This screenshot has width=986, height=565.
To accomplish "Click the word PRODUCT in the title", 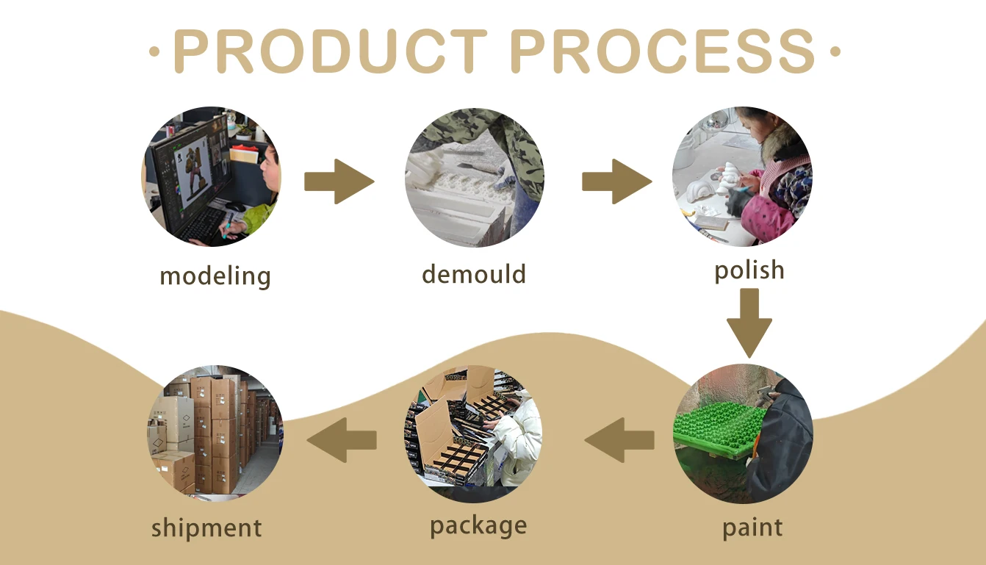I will click(330, 51).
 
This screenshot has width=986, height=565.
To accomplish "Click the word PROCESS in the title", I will click(663, 51).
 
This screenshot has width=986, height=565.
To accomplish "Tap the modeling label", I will click(215, 277).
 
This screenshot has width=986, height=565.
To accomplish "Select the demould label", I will click(474, 275).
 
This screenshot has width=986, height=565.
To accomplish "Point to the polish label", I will click(749, 270).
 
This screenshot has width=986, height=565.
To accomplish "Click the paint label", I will click(752, 528).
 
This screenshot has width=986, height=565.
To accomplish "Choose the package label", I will click(478, 525).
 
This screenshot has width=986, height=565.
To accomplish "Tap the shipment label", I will click(206, 528).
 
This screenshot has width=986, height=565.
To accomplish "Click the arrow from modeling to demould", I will click(339, 181).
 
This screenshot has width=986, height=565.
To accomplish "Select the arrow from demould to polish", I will click(616, 181).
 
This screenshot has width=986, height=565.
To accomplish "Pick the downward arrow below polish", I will click(749, 323).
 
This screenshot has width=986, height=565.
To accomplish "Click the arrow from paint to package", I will click(620, 440).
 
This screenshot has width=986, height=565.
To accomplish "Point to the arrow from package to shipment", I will click(342, 440).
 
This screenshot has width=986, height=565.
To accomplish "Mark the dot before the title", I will click(154, 52).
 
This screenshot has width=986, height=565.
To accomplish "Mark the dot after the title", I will click(834, 52).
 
